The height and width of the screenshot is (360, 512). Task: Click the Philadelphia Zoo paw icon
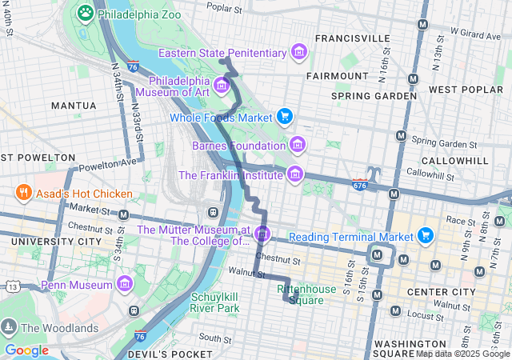pos(85,13)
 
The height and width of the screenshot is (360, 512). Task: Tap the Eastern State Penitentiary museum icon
pos(299,53)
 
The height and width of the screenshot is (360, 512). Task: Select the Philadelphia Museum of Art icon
pos(222,84)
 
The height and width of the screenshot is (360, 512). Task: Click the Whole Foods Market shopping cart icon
pos(284,117)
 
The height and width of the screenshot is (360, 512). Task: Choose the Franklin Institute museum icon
pos(295,174)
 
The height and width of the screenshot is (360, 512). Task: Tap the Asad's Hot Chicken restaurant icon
pos(23,193)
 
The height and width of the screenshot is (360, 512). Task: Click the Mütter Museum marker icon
pos(263,234)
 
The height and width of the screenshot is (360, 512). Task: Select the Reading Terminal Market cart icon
pos(426,236)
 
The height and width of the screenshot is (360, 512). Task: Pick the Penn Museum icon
pos(125,284)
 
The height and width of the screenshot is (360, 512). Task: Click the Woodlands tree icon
pos(9,327)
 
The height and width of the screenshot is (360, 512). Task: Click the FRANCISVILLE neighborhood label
pos(352,38)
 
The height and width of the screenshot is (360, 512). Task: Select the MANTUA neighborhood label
pos(74,105)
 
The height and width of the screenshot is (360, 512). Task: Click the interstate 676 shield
pos(359,184)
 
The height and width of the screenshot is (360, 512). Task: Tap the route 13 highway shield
pos(13,286)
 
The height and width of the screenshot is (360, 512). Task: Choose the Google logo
pos(27,350)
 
